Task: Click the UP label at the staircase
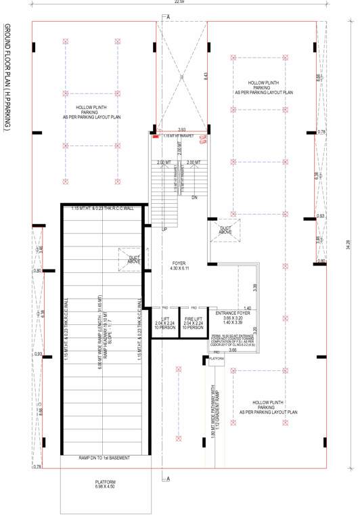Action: click(x=164, y=230)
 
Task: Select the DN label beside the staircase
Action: click(x=194, y=198)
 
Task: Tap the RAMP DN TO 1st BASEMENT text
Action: click(x=104, y=458)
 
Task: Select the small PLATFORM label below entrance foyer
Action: click(x=217, y=357)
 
